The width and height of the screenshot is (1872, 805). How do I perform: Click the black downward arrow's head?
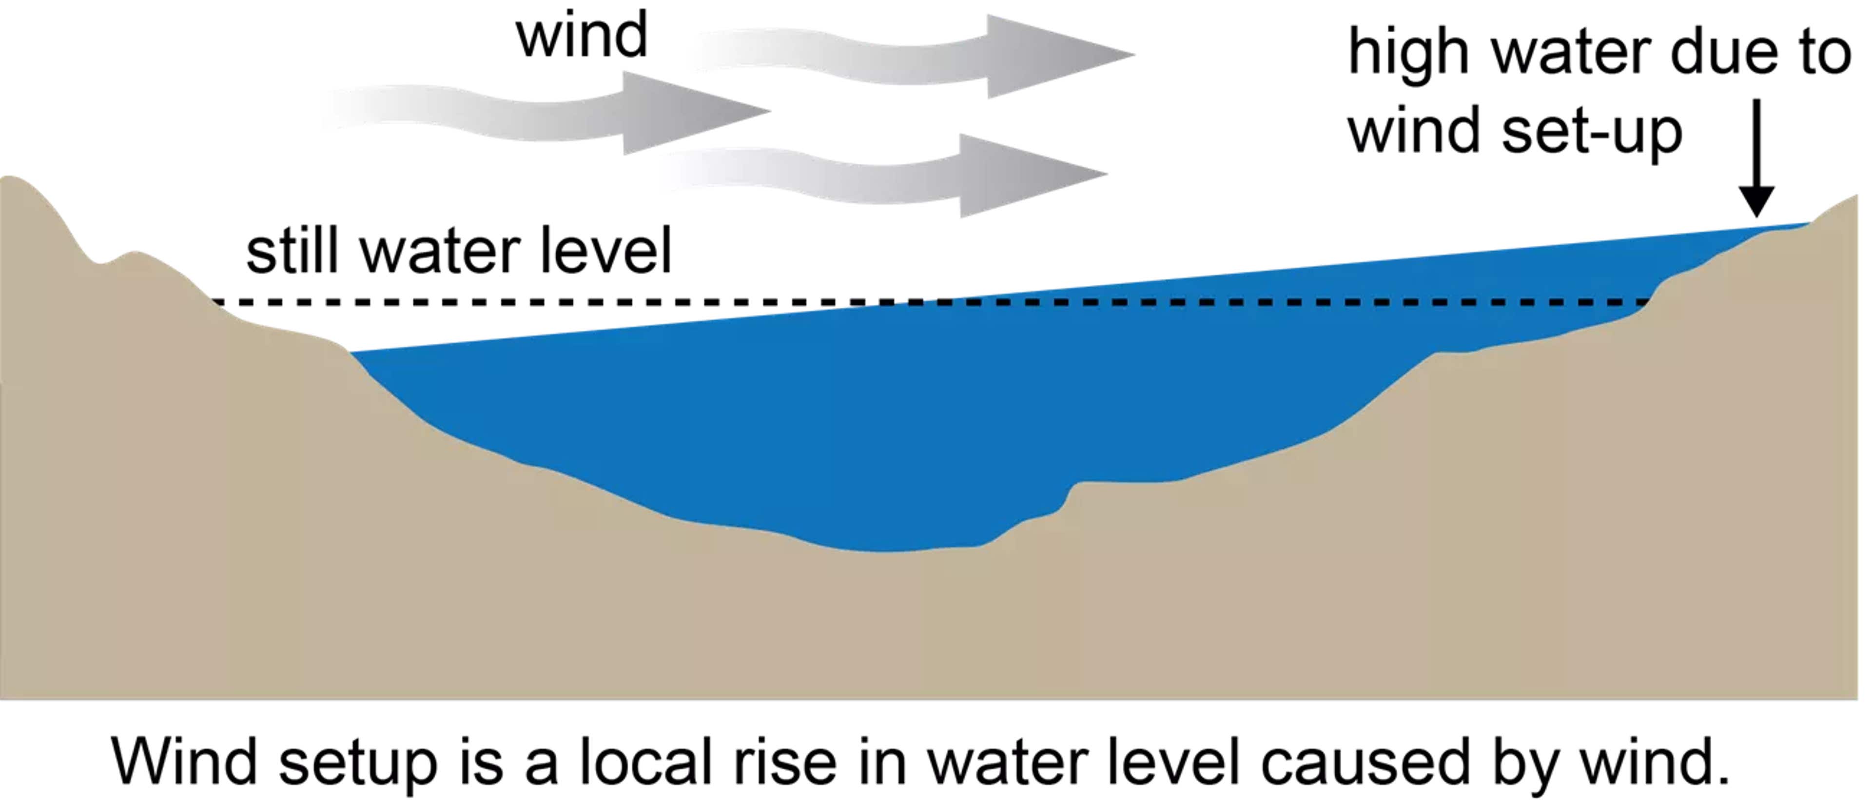1756,200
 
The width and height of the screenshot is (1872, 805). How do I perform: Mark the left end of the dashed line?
216,301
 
